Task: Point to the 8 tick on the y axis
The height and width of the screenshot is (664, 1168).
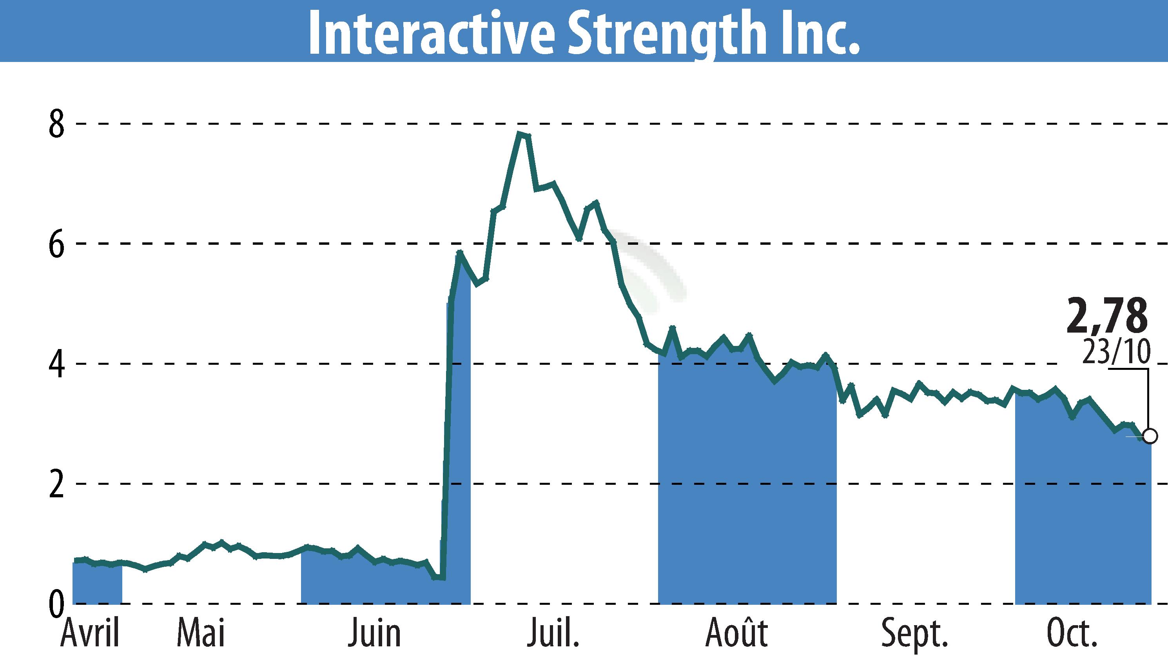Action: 57,124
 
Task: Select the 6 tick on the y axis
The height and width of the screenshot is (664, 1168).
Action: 57,244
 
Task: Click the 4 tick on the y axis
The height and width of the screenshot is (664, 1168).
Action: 57,364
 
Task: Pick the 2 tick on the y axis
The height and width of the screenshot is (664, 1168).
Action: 57,484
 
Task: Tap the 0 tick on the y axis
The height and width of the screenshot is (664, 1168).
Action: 57,603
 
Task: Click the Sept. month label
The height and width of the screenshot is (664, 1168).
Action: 915,634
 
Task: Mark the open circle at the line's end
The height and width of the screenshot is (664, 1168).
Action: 1150,436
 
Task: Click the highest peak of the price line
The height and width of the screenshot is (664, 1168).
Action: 519,134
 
